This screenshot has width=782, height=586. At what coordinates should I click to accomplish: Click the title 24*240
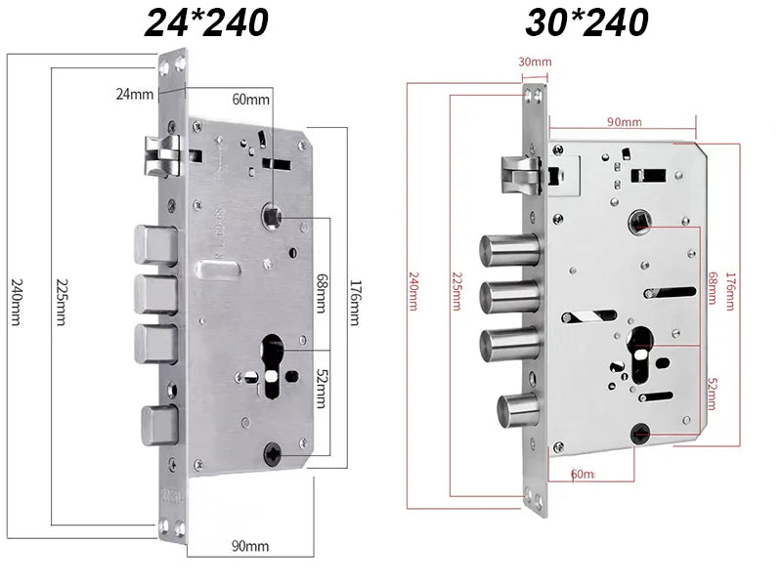coord(206,21)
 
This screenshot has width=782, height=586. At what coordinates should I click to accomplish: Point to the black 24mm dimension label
coord(135,94)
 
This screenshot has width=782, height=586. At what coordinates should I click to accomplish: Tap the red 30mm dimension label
coord(535,63)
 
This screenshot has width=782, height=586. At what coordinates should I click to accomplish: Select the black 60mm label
coord(250,100)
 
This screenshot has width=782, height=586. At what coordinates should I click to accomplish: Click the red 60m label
coord(583,474)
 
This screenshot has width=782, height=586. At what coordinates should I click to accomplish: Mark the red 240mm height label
coord(413,291)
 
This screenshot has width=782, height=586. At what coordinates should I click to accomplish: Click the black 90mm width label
coord(250,545)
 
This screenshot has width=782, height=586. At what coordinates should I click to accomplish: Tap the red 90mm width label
coord(624,122)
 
